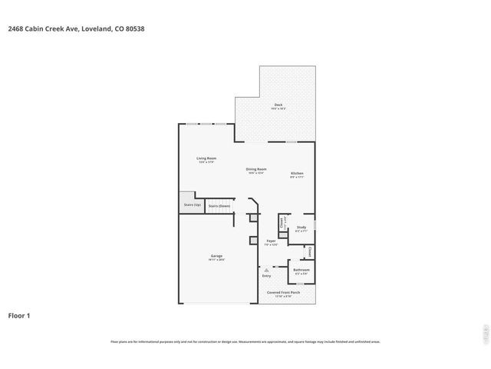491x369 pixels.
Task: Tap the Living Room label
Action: [x=206, y=158]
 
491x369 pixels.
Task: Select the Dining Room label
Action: [x=256, y=169]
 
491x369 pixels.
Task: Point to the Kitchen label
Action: [x=297, y=173]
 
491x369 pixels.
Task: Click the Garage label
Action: [x=216, y=256]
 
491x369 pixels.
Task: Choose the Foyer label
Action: [x=271, y=241]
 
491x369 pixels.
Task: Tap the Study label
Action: [x=302, y=228]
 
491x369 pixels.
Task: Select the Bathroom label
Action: [x=301, y=270]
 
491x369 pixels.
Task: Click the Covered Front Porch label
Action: [x=283, y=293]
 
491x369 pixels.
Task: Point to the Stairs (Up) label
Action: [x=192, y=205]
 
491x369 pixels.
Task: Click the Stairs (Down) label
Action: [x=219, y=206]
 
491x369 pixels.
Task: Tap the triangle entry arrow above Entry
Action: [x=266, y=270]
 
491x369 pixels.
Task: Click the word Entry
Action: [x=266, y=276]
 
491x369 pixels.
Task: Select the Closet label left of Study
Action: [x=282, y=222]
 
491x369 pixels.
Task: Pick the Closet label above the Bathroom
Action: [x=309, y=251]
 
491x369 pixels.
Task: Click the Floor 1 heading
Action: [x=19, y=315]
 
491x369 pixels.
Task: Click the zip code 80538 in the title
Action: [x=135, y=28]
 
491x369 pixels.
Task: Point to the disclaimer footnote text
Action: [x=245, y=341]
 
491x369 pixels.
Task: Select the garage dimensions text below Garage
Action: [x=216, y=260]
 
